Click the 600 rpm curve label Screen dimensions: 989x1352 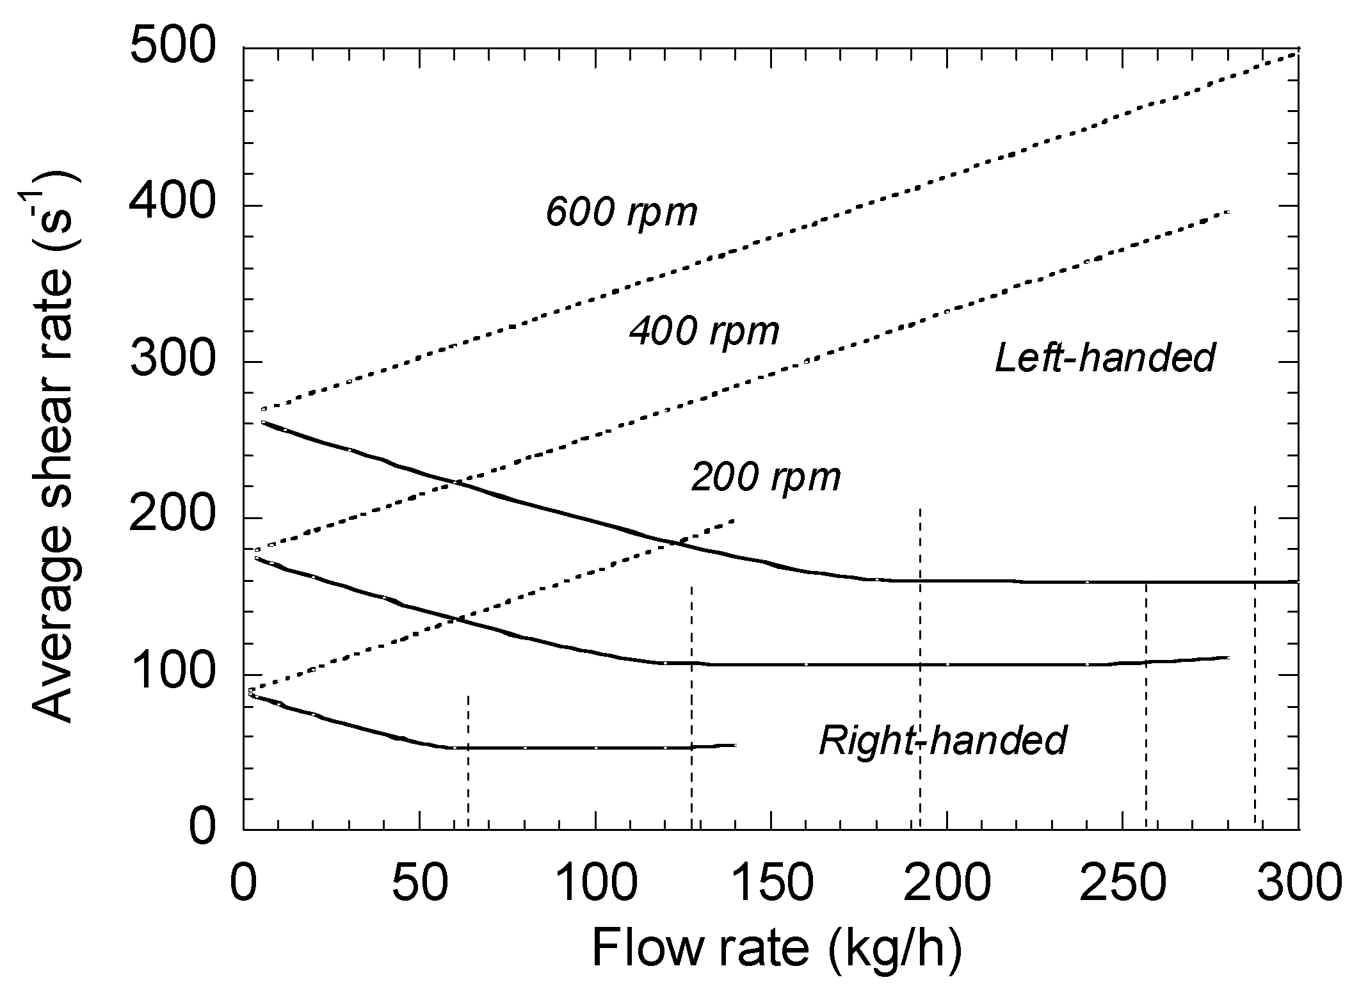pos(621,212)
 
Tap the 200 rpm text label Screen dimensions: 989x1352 pos(766,478)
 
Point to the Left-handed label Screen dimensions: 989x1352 pos(1105,358)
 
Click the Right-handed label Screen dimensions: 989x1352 pos(943,741)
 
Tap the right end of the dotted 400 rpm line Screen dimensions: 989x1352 pos(1228,211)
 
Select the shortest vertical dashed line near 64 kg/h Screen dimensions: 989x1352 pos(469,762)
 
